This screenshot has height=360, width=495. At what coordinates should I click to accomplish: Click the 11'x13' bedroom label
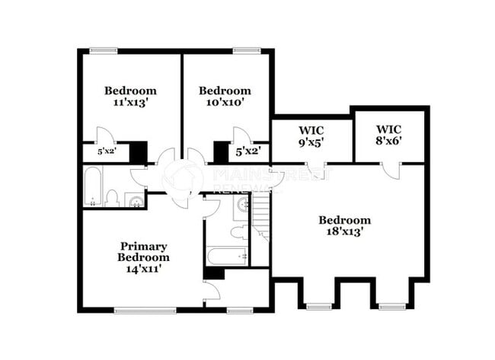pos(130,96)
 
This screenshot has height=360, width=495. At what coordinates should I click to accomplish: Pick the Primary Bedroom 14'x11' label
pos(143,256)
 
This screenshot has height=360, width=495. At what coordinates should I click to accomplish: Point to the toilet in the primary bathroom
pos(238,231)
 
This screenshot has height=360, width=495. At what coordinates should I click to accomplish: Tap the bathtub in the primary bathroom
pos(226,256)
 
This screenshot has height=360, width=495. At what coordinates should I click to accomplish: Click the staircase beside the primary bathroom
pos(261,217)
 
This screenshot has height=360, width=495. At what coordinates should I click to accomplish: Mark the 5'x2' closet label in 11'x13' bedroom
pos(107,152)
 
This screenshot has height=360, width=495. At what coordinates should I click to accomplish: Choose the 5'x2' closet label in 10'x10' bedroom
pos(248,152)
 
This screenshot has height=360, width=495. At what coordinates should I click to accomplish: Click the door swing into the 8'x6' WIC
pos(391,170)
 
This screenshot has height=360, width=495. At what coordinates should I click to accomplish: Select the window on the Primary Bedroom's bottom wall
pos(145,310)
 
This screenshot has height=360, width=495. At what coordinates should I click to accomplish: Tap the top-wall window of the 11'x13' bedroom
pos(104,51)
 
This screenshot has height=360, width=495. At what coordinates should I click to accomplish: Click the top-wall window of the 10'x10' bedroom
pos(245,51)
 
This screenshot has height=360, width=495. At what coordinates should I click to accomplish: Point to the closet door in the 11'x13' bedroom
pos(106,135)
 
